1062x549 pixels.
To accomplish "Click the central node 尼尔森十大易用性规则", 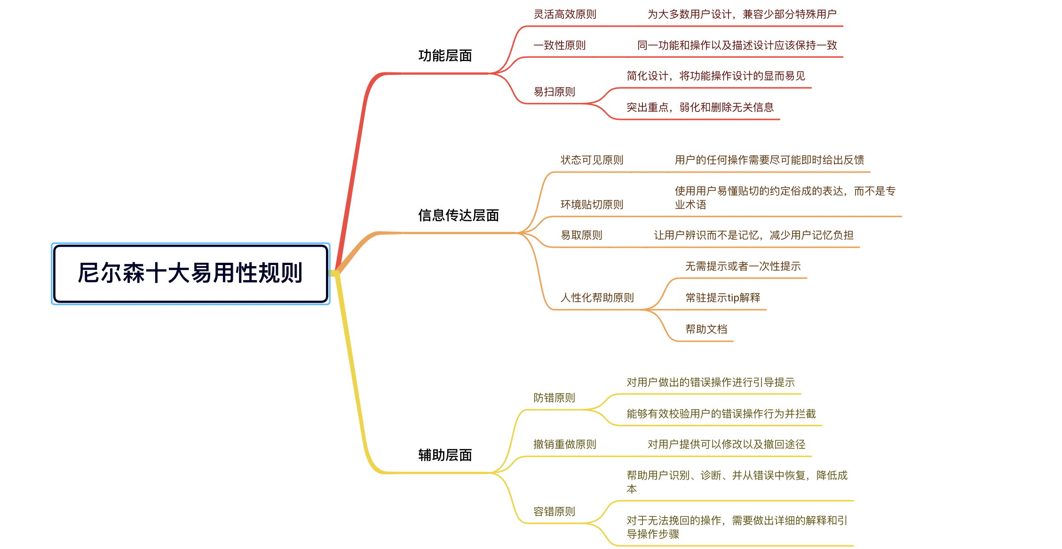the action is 190,273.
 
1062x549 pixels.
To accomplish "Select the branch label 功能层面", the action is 445,56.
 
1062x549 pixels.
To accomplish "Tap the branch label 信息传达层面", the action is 458,216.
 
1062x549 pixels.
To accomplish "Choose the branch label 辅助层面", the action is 445,455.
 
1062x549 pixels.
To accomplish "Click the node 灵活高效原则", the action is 564,15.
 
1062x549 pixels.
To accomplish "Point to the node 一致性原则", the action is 559,46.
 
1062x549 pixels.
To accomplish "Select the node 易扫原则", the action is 554,92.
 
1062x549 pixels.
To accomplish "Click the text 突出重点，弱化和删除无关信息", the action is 700,108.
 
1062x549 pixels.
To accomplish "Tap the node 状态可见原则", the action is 592,160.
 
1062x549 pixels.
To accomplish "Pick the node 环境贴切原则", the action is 592,204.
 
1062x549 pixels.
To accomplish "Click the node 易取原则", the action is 581,235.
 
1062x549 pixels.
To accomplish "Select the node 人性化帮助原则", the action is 597,298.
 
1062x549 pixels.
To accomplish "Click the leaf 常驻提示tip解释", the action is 722,298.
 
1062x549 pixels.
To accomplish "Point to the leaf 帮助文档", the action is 706,329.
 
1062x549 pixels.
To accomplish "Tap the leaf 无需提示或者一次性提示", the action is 743,267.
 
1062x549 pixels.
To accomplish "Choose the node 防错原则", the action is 554,398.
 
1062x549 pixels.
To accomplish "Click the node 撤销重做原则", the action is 564,444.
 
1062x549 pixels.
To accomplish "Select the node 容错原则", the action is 554,511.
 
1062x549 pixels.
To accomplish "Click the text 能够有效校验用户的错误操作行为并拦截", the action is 721,414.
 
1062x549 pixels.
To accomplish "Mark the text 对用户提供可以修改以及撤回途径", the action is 726,444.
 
